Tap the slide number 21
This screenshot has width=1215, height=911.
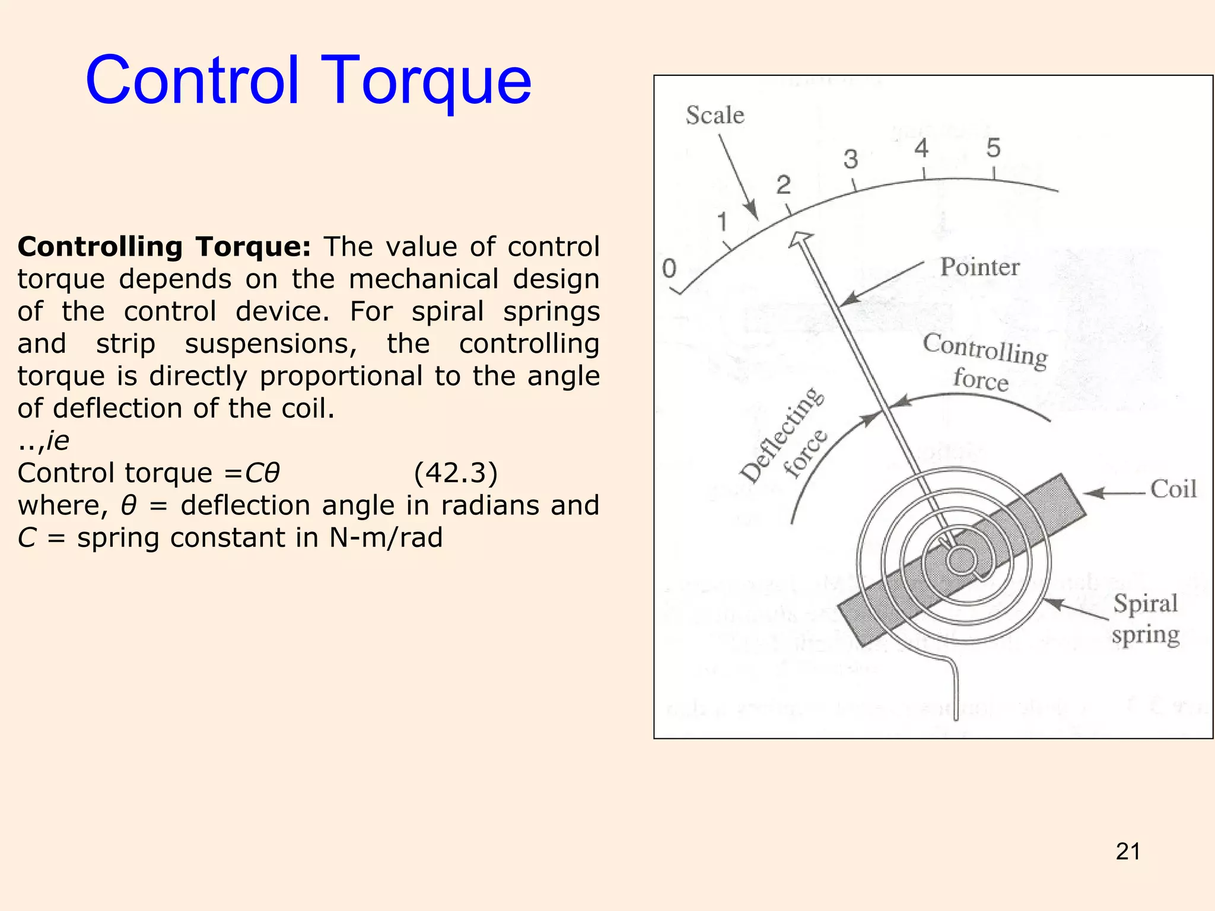pos(1128,852)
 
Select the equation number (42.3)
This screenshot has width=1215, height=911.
pos(456,473)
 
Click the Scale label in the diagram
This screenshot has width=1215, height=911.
pos(715,115)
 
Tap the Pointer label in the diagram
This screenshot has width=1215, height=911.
pos(979,267)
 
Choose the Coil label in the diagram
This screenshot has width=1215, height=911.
pos(1173,489)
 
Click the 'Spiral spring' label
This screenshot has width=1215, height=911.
pos(1146,619)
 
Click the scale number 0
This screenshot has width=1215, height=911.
pos(669,269)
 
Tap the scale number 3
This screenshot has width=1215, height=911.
pos(851,160)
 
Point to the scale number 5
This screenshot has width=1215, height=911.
pos(993,148)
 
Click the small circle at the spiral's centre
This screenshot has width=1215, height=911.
pos(961,560)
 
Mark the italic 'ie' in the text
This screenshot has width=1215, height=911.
pos(58,441)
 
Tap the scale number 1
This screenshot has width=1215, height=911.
pos(722,222)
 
